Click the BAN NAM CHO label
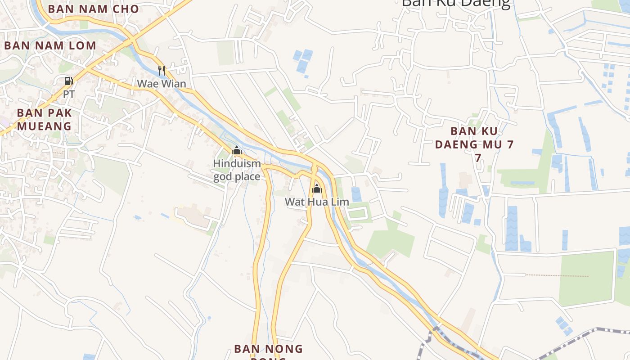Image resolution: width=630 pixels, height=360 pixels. pyautogui.click(x=93, y=9)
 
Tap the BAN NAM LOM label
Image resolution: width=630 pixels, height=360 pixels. pyautogui.click(x=50, y=45)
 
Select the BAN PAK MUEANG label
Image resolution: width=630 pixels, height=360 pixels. pyautogui.click(x=45, y=119)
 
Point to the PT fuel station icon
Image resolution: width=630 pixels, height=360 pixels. pyautogui.click(x=68, y=81)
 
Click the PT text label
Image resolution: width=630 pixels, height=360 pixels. pyautogui.click(x=68, y=94)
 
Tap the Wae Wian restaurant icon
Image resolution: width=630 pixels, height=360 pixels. pyautogui.click(x=162, y=70)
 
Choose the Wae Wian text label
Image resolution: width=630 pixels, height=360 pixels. pyautogui.click(x=161, y=84)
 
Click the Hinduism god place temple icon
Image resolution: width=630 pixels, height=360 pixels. pyautogui.click(x=237, y=150)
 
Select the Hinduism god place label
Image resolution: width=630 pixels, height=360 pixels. pyautogui.click(x=237, y=170)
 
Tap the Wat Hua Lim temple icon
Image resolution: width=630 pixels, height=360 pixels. pyautogui.click(x=317, y=188)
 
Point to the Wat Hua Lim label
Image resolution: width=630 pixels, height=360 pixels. pyautogui.click(x=317, y=202)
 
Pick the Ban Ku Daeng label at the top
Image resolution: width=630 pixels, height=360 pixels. pyautogui.click(x=455, y=4)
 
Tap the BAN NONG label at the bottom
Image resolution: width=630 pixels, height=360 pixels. pyautogui.click(x=268, y=349)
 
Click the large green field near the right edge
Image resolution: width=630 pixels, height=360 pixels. pyautogui.click(x=586, y=278)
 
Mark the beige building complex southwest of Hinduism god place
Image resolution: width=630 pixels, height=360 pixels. pyautogui.click(x=194, y=216)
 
